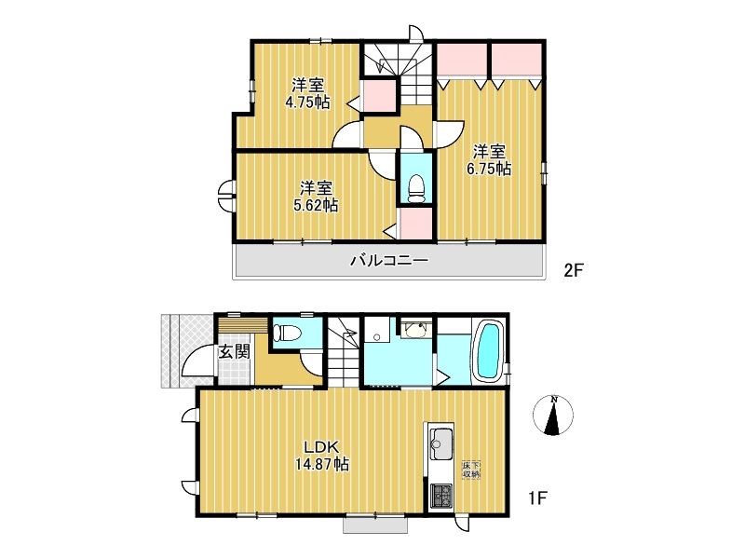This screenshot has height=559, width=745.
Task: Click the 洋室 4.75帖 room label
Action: point(307,94)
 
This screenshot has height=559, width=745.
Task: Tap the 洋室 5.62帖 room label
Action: point(316,197)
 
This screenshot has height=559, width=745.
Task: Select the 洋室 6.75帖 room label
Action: point(489,160)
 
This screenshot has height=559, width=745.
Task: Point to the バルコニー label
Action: point(389,260)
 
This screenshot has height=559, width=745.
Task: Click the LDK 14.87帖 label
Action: point(322,456)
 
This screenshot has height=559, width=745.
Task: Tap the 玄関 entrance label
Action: point(235,351)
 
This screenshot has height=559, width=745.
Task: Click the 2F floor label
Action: point(574,270)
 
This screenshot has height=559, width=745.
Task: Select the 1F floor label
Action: point(538,498)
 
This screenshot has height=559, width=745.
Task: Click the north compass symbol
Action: point(553,415)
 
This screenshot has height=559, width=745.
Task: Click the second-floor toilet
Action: point(416,189)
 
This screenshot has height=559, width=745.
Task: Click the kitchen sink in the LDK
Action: point(440,443)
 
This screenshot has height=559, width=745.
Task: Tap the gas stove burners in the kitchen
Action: point(440,497)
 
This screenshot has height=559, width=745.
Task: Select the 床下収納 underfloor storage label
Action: point(471,470)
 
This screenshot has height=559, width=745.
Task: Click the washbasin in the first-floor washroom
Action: point(416,329)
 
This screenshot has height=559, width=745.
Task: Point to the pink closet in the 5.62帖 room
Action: point(416,224)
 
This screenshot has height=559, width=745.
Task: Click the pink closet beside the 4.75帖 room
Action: point(379,96)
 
